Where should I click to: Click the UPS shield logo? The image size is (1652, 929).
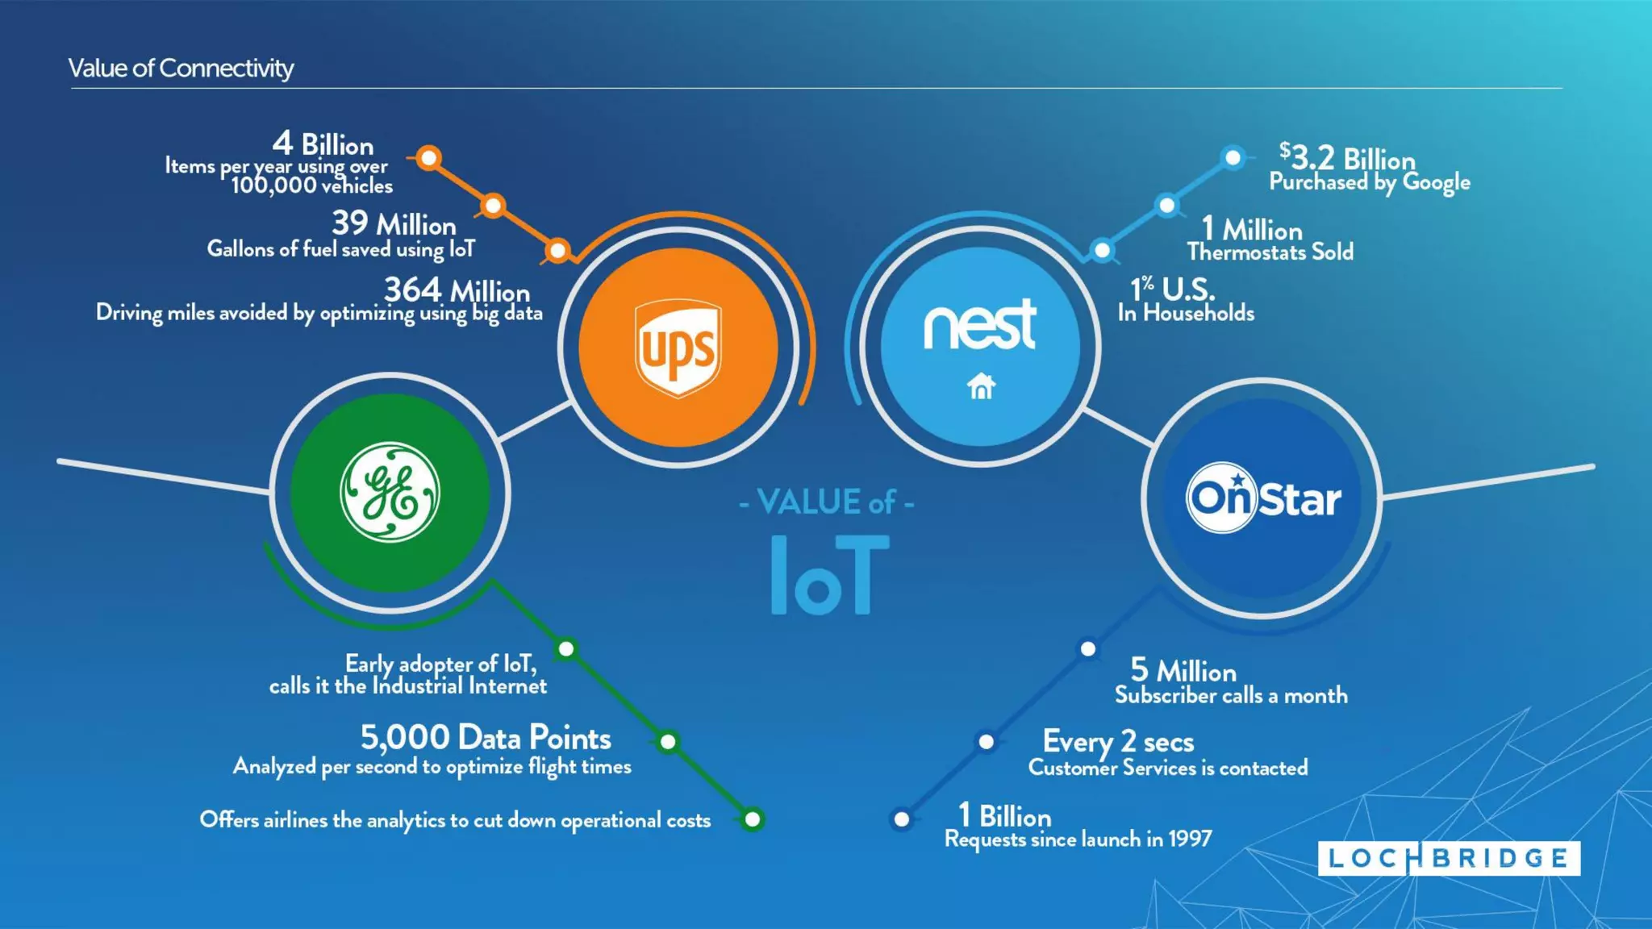(678, 348)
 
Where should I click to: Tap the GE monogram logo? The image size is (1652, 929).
(390, 492)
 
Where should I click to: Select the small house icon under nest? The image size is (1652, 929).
(981, 386)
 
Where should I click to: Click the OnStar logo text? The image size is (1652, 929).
(1262, 498)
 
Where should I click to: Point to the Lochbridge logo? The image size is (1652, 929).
(1449, 858)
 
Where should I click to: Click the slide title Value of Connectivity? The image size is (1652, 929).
(181, 69)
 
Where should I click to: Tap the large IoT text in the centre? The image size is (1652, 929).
(829, 574)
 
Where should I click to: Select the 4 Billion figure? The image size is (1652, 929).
(323, 144)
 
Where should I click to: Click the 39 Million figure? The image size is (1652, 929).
(394, 223)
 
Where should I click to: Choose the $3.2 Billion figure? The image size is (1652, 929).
(1347, 157)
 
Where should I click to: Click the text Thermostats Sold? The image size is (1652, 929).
(1270, 252)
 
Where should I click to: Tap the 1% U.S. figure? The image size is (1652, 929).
(1171, 289)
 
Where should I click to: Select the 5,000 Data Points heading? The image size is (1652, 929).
(485, 737)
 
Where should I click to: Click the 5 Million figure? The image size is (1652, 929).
(1183, 670)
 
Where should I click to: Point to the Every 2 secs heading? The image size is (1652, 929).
(1118, 741)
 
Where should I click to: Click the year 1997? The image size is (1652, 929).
(1190, 839)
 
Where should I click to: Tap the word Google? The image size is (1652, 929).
(1436, 182)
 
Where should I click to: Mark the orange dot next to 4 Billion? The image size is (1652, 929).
(429, 157)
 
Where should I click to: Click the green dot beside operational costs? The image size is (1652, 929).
(753, 819)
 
